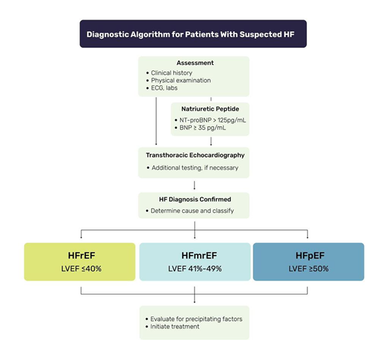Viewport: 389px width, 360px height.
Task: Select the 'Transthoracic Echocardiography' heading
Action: point(193,156)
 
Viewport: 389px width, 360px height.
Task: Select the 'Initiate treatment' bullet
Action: point(177,328)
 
